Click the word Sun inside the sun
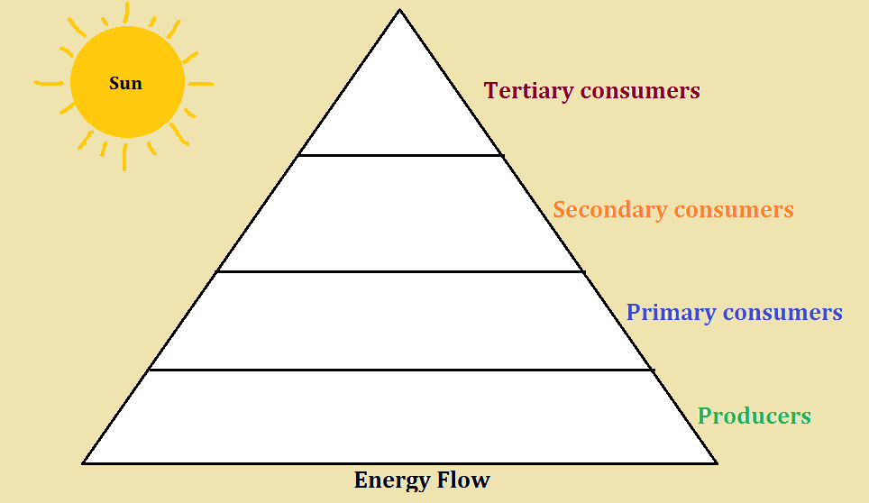tap(126, 84)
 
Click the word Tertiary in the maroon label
tap(528, 91)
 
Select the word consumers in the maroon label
tap(640, 91)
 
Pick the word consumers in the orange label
tap(733, 210)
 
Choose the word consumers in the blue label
tap(782, 313)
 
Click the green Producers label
tap(755, 416)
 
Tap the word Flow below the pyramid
tap(465, 480)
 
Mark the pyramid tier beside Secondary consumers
tap(400, 214)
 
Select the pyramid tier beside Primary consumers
tap(400, 320)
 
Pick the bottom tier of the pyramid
tap(400, 416)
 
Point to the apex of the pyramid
tap(400, 11)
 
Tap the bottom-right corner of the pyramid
tap(716, 462)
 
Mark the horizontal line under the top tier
tap(400, 155)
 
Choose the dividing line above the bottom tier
tap(400, 370)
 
